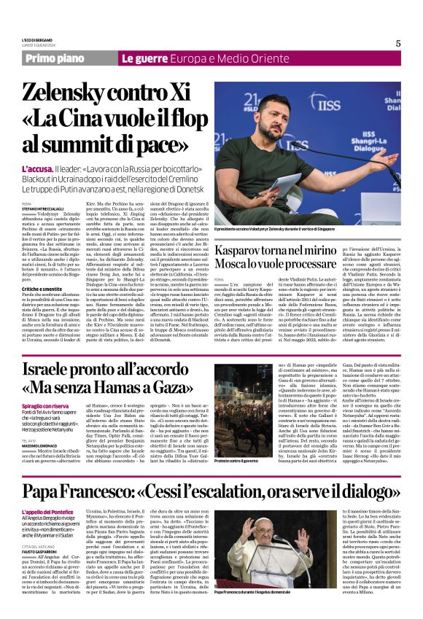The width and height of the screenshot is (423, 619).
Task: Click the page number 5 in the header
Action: (x=397, y=43)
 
